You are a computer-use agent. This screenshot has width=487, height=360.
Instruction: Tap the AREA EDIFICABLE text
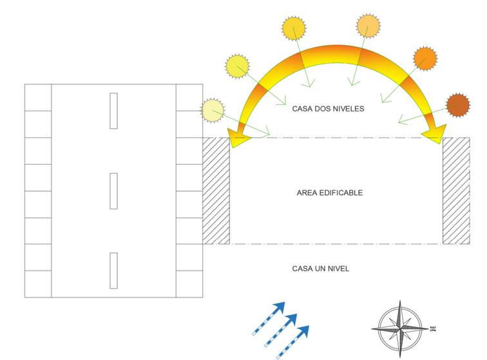[x=330, y=193]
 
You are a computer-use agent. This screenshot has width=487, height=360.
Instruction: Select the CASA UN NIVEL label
[x=321, y=268]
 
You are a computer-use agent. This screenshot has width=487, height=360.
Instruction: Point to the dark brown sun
[x=458, y=105]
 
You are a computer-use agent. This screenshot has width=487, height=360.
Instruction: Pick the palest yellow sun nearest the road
[x=213, y=111]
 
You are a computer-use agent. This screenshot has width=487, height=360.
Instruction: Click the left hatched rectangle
[x=216, y=191]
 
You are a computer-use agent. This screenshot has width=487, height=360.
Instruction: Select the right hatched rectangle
[x=456, y=191]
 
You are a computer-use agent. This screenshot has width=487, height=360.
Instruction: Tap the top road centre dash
[x=113, y=111]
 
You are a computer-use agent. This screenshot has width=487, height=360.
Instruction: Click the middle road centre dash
[x=113, y=190]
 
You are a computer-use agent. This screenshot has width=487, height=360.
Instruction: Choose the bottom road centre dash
[x=113, y=270]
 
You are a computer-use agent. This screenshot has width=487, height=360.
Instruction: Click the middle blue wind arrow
[x=282, y=329]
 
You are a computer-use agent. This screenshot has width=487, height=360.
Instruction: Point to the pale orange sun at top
[x=368, y=27]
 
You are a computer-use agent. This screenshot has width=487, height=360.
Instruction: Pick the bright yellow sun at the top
[x=294, y=30]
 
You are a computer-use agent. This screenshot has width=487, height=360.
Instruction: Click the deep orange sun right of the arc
[x=425, y=59]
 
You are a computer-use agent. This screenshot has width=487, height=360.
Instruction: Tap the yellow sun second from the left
[x=236, y=66]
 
